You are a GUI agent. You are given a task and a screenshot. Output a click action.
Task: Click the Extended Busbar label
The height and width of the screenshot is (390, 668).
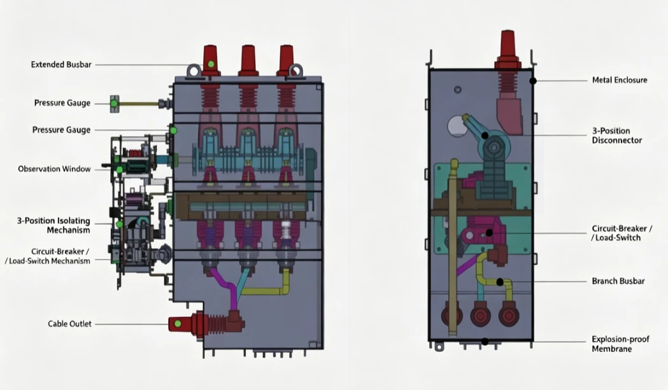click(61, 65)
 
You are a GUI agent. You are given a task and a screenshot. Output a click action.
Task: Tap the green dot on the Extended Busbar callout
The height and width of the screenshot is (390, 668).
click(211, 64)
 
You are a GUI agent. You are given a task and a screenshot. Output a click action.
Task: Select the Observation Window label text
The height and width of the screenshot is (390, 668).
click(54, 169)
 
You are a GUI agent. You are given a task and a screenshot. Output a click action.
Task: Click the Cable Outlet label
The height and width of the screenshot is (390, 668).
click(69, 324)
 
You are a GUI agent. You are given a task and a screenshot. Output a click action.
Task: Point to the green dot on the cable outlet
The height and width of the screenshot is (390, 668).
click(178, 324)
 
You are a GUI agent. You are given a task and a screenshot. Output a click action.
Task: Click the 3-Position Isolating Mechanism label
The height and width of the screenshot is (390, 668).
click(53, 225)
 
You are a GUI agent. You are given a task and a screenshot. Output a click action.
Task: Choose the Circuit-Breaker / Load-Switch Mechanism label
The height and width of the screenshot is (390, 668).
click(47, 256)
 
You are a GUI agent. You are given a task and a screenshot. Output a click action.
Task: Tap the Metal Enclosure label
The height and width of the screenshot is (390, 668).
click(620, 80)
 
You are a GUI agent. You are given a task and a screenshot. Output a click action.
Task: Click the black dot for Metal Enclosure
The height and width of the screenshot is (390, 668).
click(533, 80)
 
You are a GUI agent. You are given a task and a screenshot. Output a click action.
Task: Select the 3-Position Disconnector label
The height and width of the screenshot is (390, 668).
click(617, 136)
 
